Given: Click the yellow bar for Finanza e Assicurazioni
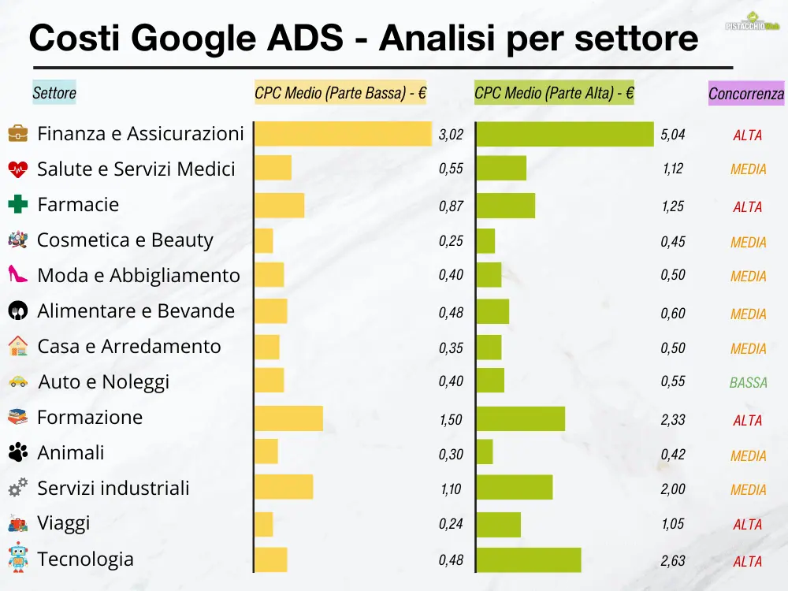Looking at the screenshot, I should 343,134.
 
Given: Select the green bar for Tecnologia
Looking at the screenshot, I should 529,560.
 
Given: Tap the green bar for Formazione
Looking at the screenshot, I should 521,418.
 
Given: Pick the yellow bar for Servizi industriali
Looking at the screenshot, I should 284,487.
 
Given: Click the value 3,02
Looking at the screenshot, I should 451,135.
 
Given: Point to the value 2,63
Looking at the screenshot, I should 673,561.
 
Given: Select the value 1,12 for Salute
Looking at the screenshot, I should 673,169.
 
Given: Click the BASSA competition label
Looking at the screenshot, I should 748,383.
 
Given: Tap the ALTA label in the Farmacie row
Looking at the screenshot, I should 747,207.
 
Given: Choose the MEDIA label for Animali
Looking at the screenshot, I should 748,455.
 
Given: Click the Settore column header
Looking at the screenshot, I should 54,93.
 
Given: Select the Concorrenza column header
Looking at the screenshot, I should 746,94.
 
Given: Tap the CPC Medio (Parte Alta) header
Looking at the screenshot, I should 554,93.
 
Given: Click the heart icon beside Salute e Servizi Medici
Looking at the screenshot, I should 18,169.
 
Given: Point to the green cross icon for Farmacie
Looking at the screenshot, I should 18,205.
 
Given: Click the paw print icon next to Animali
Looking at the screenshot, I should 18,452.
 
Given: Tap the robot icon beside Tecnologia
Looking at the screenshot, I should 18,557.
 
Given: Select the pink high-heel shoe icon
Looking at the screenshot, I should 18,275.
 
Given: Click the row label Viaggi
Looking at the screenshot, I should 64,523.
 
